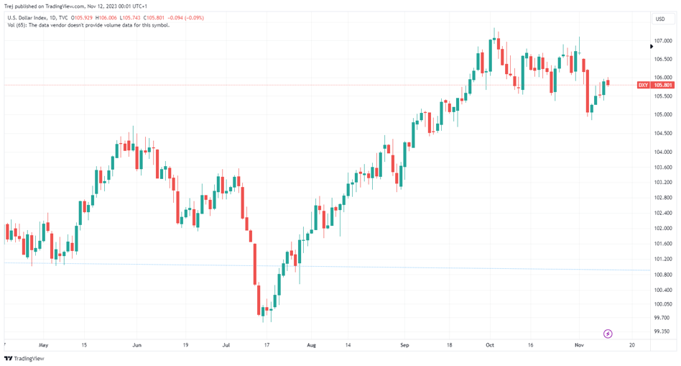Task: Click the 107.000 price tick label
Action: point(663,41)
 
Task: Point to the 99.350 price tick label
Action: point(663,331)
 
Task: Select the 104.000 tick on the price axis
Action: point(663,152)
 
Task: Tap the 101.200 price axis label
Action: point(663,259)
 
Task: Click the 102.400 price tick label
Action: point(663,213)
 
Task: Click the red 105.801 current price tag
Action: point(663,86)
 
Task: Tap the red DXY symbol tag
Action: point(644,86)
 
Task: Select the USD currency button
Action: point(660,19)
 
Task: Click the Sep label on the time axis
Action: point(404,345)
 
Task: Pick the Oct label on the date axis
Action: point(490,345)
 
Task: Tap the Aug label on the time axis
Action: point(311,345)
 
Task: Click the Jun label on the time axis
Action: point(136,345)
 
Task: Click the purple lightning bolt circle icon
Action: point(608,334)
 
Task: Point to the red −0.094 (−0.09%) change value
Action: point(186,18)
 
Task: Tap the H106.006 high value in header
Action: point(108,18)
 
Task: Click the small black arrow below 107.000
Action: point(652,47)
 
